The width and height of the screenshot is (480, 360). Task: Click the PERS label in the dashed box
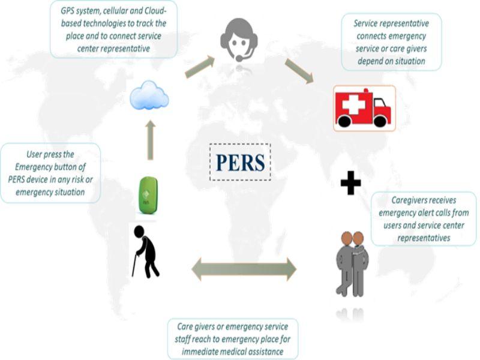coord(241,162)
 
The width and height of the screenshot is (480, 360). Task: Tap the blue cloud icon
coord(149,95)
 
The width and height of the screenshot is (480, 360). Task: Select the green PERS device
coord(148,196)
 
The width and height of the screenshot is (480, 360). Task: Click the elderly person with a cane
coord(146,251)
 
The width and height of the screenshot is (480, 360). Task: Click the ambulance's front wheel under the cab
coord(380,122)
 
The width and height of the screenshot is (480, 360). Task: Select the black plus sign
coord(351,183)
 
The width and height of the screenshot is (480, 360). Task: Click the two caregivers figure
coord(352,264)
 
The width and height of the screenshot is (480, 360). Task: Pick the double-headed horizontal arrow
coord(244,269)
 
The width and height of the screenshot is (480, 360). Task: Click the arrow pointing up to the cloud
coord(150,140)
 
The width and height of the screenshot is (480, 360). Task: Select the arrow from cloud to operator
coord(200,67)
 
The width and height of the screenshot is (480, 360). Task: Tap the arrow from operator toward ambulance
coord(299,71)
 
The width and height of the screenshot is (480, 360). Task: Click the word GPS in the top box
coord(67,11)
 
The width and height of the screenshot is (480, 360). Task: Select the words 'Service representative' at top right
coord(391,23)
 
